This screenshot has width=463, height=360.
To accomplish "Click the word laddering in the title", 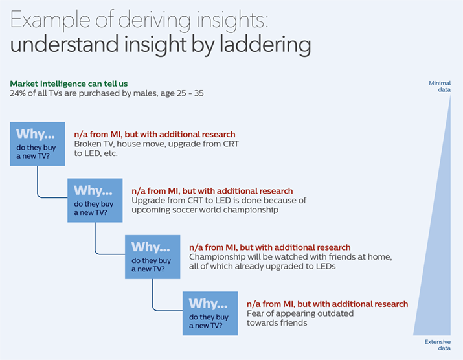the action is (265, 45).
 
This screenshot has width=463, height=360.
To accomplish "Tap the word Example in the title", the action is (51, 20).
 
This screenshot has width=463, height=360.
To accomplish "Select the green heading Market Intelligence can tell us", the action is (69, 84).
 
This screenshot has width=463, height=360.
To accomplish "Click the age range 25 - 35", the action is (190, 93).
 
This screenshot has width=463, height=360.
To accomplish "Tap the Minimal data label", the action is (440, 86).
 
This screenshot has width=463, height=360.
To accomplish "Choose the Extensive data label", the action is (438, 344).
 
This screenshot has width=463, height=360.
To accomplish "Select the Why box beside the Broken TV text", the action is (38, 144).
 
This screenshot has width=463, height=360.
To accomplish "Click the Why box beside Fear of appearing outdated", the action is (210, 313).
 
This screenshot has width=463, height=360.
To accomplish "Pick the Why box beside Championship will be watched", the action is (153, 257).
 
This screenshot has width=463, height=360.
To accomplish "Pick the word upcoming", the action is (151, 210).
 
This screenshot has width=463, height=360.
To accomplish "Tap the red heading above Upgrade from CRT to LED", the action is (212, 191).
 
